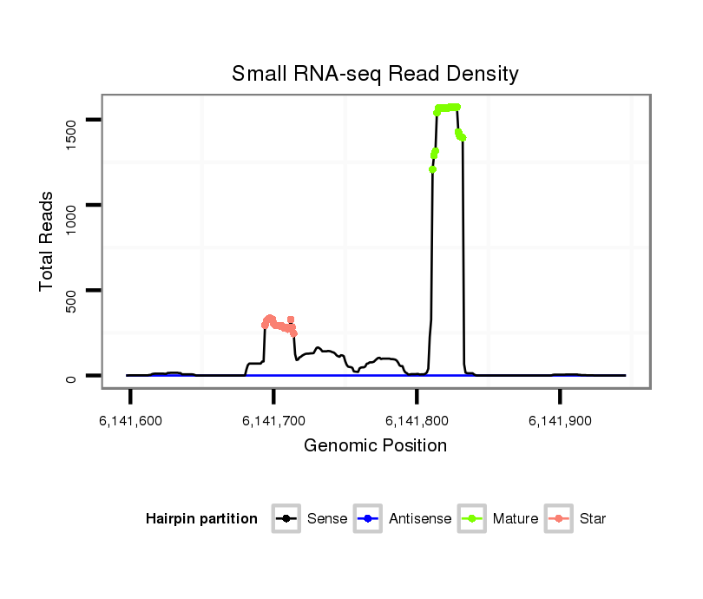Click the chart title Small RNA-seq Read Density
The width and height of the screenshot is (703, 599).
pos(375,74)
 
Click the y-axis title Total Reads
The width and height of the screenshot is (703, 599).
pos(48,242)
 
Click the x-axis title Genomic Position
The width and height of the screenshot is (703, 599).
pos(375,446)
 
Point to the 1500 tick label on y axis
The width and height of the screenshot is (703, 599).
pos(72,120)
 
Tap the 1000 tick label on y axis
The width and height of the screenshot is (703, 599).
pos(72,205)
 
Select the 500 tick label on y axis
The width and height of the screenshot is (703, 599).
pos(72,290)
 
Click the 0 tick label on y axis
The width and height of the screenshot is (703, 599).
pos(72,375)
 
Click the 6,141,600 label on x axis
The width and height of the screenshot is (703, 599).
pos(131,420)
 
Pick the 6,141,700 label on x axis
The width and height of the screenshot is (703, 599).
pos(274,420)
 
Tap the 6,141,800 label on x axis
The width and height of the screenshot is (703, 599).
pos(417,420)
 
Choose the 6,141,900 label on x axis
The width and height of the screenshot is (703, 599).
pos(561,420)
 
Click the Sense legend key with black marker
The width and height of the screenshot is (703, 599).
pos(286,519)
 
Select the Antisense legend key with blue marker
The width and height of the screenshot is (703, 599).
pos(368,519)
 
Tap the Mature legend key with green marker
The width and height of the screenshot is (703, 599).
pos(472,519)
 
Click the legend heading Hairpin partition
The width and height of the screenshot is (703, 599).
pos(201,519)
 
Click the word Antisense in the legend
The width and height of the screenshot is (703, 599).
pos(420,519)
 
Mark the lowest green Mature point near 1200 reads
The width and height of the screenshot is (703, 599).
pos(432,169)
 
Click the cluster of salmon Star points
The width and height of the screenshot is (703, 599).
pos(278,325)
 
